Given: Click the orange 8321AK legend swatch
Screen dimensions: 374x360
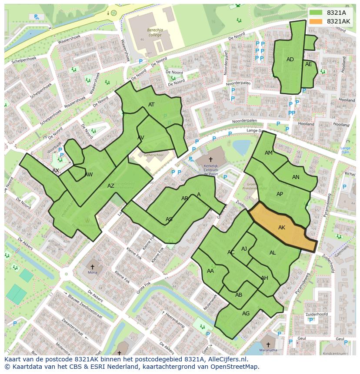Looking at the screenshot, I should coord(316,21).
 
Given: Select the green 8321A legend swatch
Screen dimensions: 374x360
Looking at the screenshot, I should coord(316,13).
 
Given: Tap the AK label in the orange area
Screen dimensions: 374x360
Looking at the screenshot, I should coord(282,228).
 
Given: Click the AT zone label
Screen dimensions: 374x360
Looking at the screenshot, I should coord(151,105).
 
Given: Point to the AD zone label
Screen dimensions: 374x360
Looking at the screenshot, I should coord(290,60).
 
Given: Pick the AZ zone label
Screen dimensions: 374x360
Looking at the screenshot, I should coord(111,186).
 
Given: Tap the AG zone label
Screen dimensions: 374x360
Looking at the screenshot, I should coord(246,313).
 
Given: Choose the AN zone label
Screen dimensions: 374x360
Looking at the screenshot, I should coord(296,177).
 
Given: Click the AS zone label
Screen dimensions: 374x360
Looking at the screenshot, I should coord(169,219).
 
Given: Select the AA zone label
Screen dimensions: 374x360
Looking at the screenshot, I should coord(210,271).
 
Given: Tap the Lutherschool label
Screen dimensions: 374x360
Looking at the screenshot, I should coord(153,155).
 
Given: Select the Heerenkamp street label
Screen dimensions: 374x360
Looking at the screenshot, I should coord(175,321).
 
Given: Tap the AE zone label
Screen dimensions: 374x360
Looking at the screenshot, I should coord(309,64).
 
